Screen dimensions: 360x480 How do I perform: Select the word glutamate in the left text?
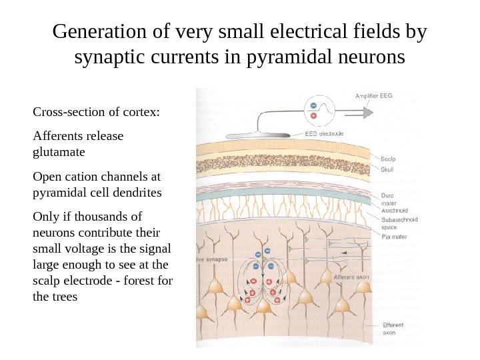tap(59, 151)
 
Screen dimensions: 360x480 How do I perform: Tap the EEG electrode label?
tap(323, 133)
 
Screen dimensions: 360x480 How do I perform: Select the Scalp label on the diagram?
tap(387, 159)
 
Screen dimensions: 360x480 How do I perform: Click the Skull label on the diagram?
tap(387, 170)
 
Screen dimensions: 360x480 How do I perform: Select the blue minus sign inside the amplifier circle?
tap(314, 106)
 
